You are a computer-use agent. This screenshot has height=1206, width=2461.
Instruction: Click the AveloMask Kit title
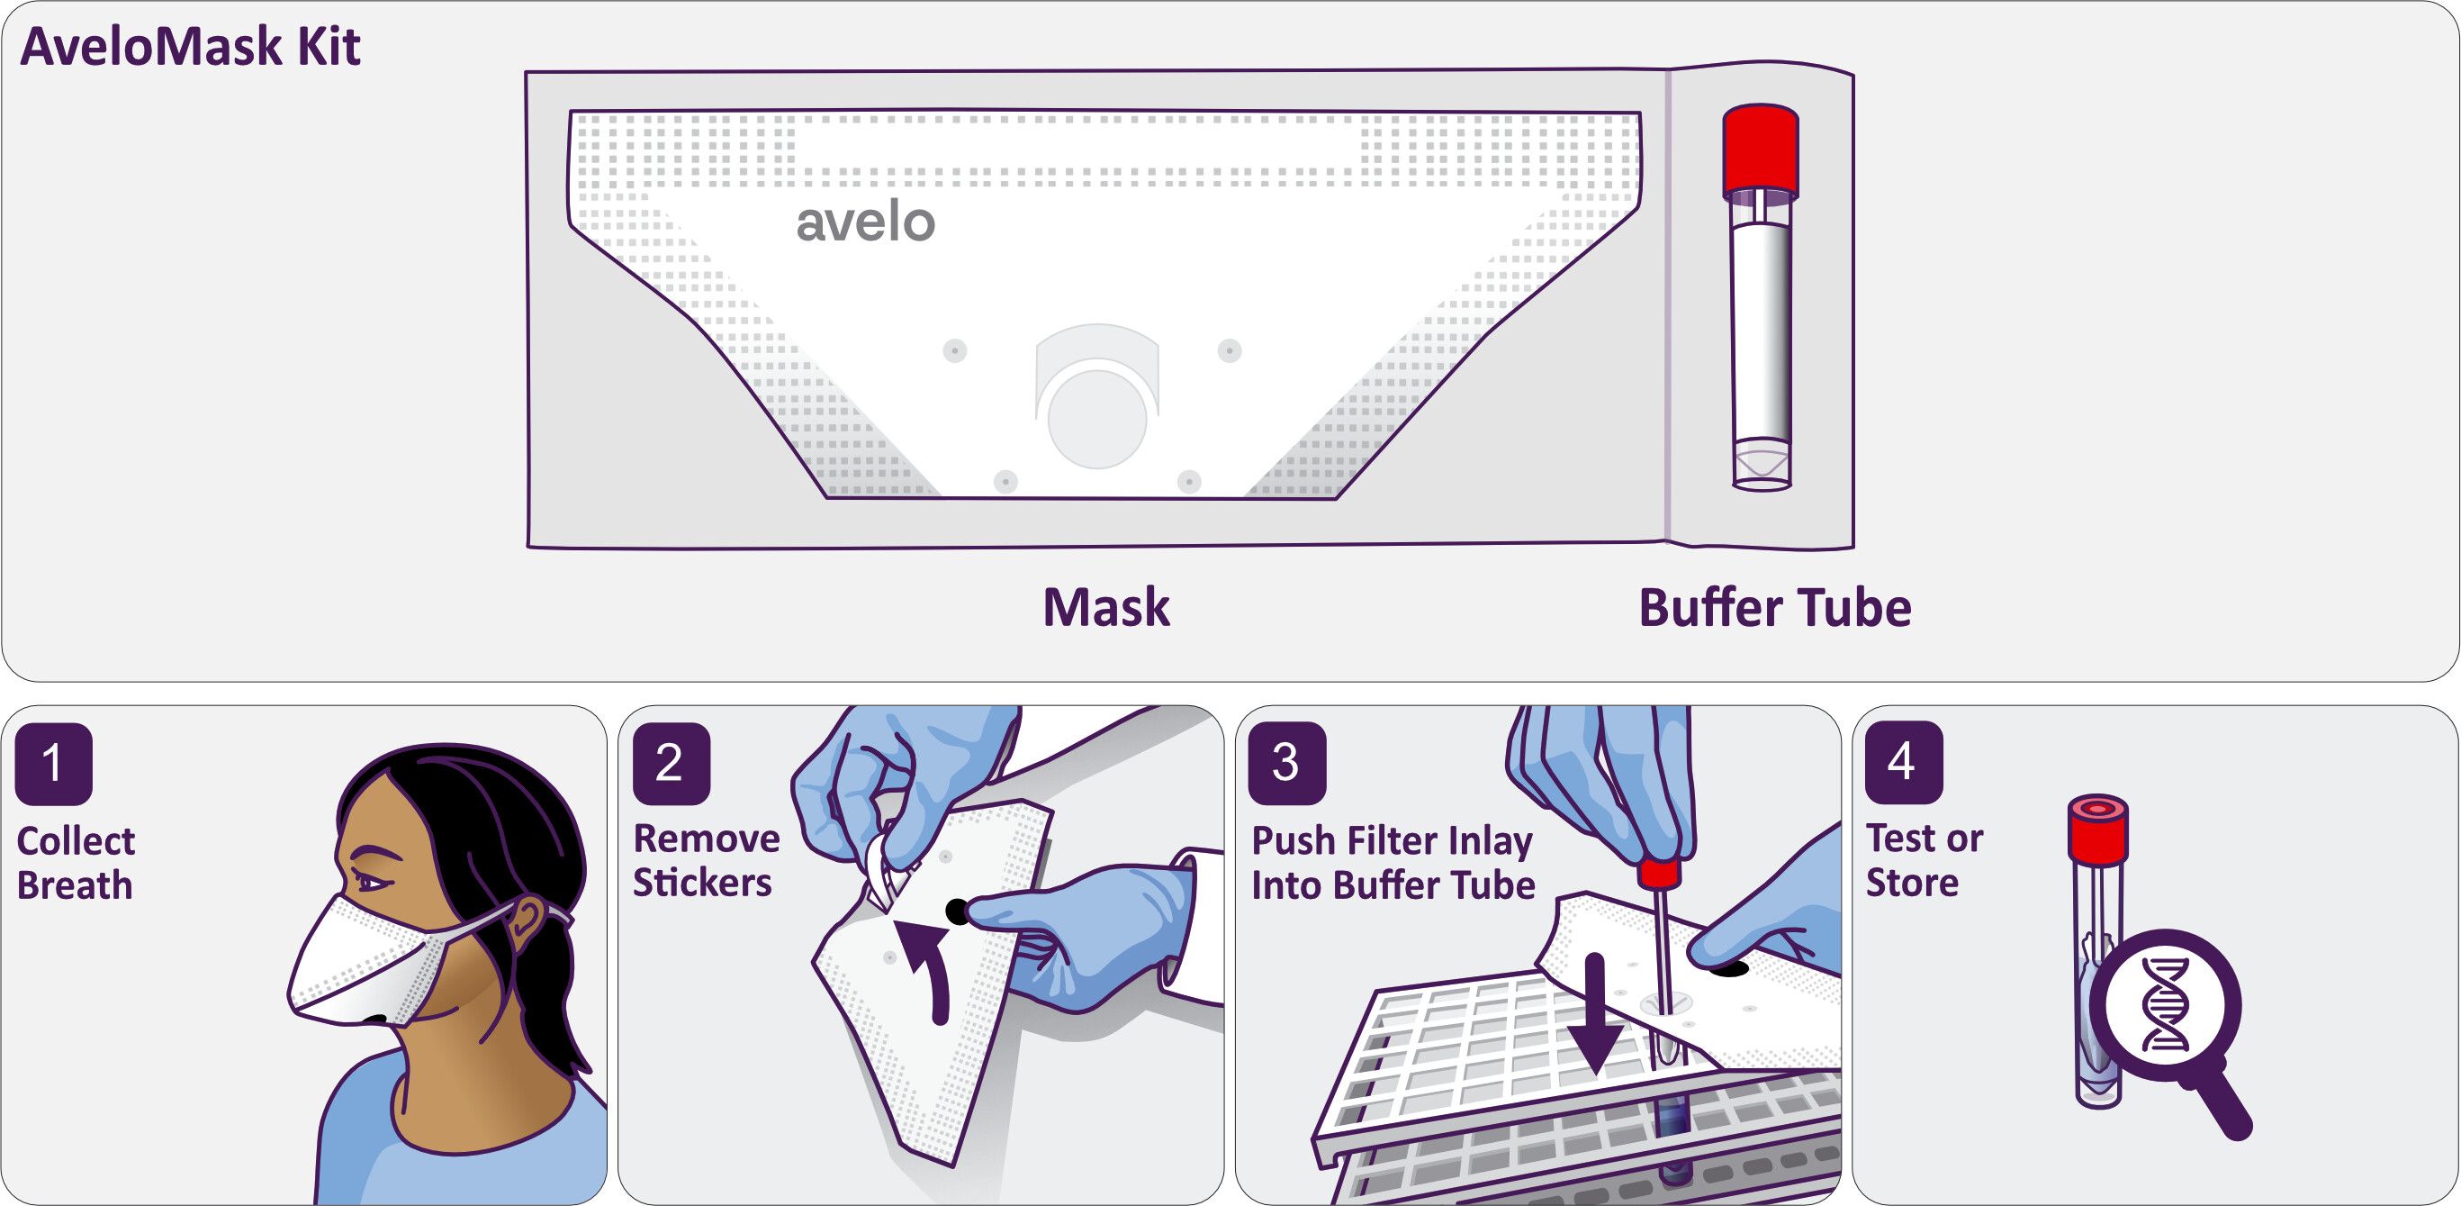(x=190, y=47)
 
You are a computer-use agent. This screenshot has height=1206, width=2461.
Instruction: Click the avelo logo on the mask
(x=866, y=222)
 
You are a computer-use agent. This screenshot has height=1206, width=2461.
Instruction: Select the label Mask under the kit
(x=1106, y=608)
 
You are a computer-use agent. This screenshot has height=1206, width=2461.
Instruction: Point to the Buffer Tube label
(x=1775, y=608)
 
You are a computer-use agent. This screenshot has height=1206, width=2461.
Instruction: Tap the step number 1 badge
(x=53, y=764)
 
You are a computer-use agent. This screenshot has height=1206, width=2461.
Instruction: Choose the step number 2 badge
(x=671, y=763)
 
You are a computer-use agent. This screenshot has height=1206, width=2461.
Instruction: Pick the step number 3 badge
(x=1287, y=763)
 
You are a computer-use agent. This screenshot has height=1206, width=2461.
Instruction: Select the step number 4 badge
(x=1903, y=763)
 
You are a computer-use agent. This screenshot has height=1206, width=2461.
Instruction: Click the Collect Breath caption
(x=76, y=863)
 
